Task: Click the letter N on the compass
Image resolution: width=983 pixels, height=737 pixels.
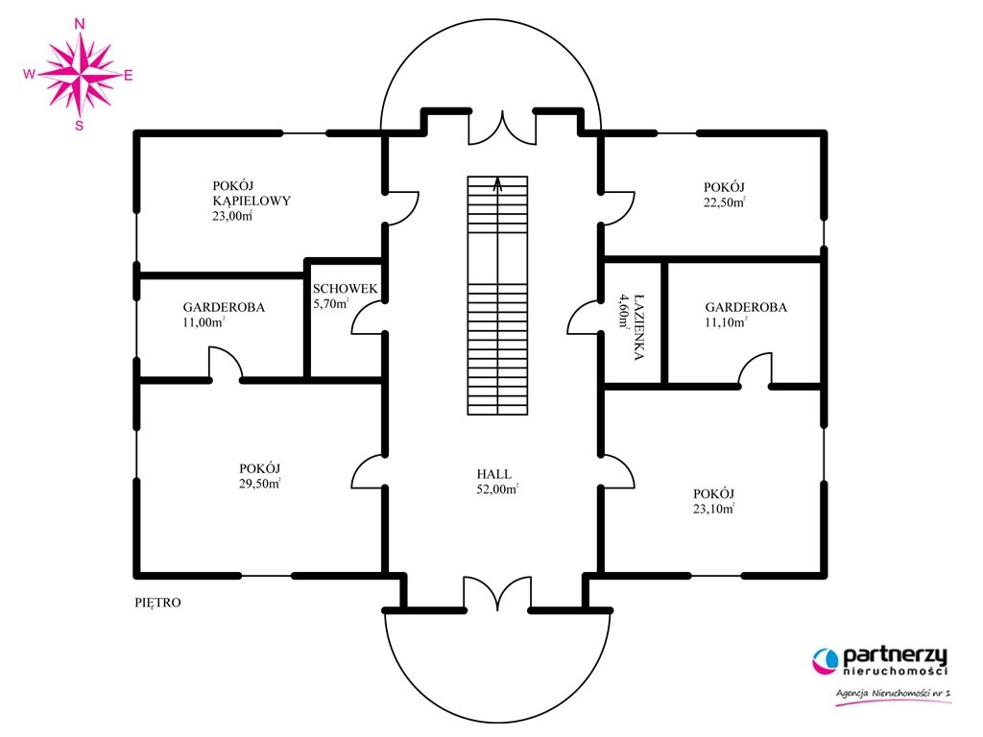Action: tap(80, 24)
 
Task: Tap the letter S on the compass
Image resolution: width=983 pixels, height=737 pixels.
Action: tap(79, 126)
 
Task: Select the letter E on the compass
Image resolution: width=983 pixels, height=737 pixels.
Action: tap(129, 76)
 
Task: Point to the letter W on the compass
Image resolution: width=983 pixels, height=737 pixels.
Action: tap(29, 75)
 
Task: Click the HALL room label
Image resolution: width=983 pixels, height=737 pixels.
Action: tap(494, 474)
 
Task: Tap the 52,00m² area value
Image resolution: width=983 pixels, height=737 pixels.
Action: tap(497, 489)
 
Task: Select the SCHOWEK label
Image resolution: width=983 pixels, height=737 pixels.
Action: tap(346, 289)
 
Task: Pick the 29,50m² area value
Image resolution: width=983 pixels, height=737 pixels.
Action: tap(259, 484)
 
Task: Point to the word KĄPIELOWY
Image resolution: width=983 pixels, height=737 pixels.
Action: tap(252, 202)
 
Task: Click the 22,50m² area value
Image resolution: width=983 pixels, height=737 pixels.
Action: tap(724, 202)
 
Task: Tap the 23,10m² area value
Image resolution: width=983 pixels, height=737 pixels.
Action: tap(713, 509)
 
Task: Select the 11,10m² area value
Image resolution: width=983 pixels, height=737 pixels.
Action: tap(726, 322)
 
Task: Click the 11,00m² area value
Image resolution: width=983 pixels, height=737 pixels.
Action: tap(204, 322)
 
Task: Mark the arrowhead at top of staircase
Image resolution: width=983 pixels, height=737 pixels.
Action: tap(498, 183)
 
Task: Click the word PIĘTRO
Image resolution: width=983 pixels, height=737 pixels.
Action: tap(158, 603)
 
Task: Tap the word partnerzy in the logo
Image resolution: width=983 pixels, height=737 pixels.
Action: tap(895, 656)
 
